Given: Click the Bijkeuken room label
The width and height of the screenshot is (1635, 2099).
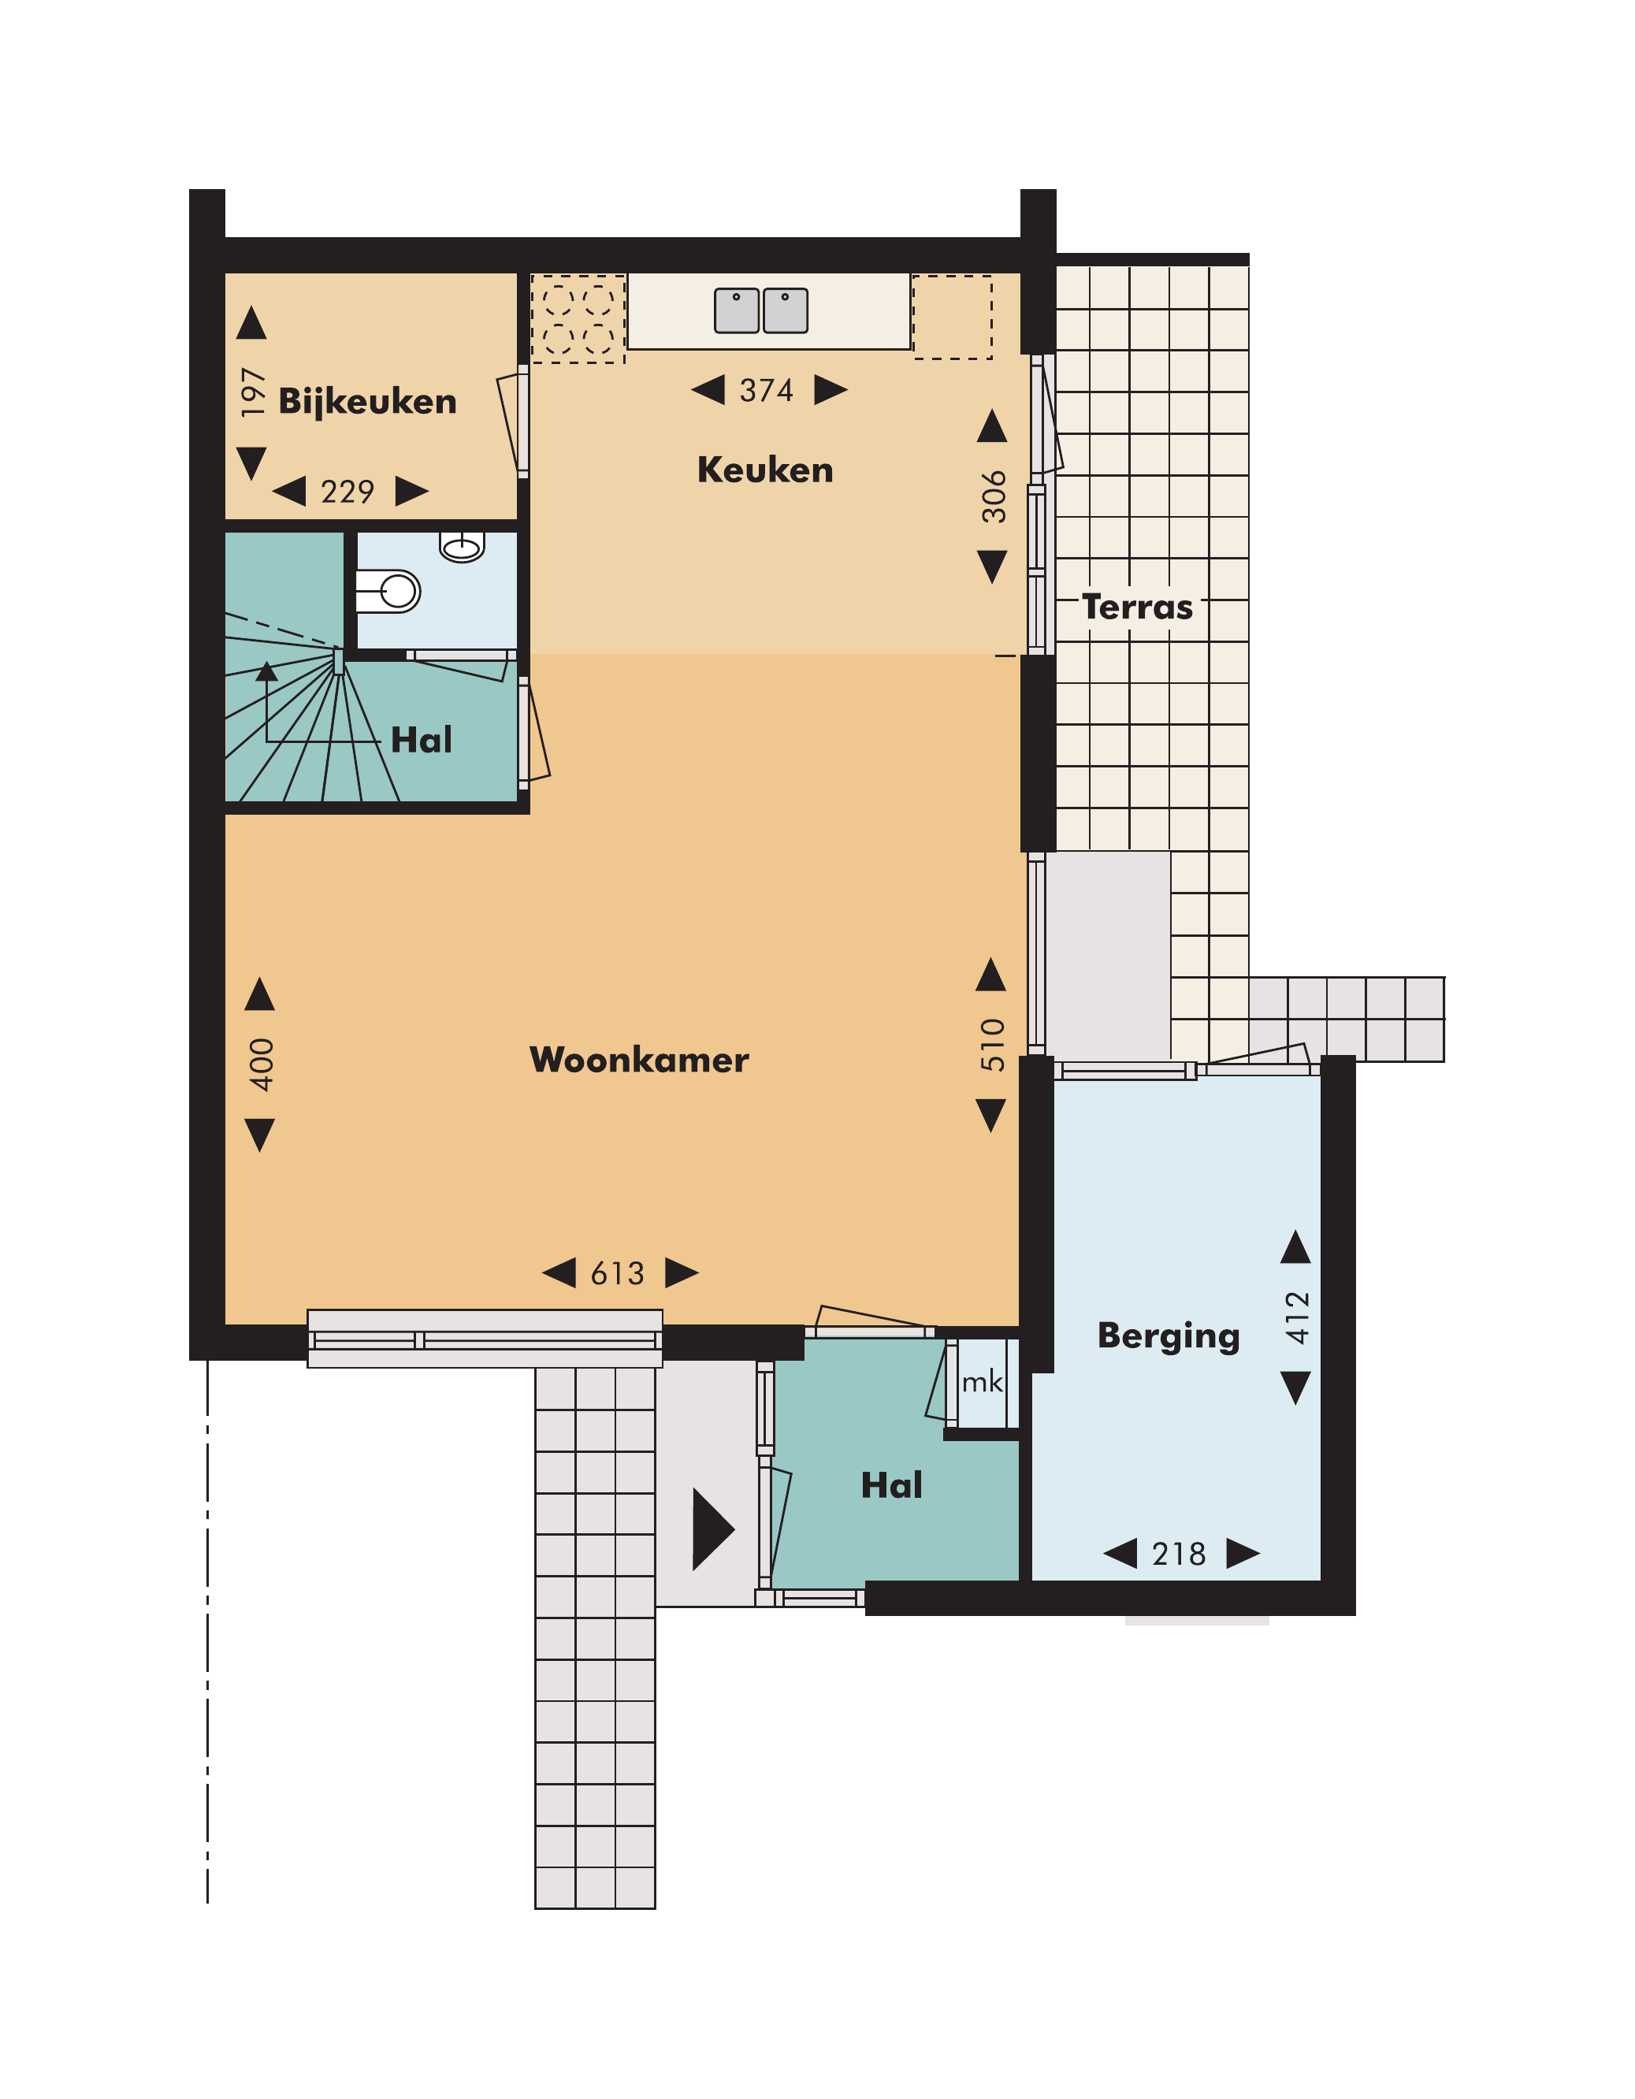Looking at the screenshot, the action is click(x=367, y=402).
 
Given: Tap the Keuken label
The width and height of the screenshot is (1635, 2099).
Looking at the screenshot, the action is click(x=765, y=470).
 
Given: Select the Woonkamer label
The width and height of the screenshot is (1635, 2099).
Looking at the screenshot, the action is click(x=639, y=1060).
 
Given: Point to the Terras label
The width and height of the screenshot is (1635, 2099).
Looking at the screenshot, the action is click(x=1137, y=607).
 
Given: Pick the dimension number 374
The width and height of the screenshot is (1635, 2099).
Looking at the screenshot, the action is click(x=766, y=390).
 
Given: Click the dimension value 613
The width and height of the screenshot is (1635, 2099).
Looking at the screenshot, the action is click(x=617, y=1273).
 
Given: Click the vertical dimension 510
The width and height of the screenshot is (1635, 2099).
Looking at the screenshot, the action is click(x=992, y=1046).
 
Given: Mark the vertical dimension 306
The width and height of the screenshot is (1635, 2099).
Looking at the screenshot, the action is click(x=994, y=497).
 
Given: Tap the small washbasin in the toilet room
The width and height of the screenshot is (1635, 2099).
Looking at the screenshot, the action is click(x=463, y=547).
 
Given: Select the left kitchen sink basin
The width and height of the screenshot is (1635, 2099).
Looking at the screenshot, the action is click(x=738, y=310).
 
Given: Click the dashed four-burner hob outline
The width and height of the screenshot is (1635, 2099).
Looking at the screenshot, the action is click(x=578, y=319).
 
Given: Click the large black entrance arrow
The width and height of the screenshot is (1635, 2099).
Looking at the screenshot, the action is click(x=713, y=1529).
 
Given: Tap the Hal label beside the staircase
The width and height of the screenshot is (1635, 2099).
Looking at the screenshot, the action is click(x=421, y=740).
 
